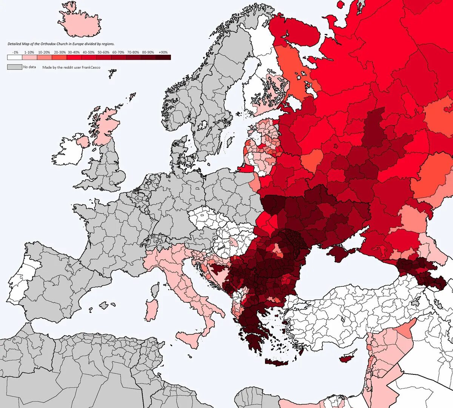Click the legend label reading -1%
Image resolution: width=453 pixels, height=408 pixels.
(15, 52)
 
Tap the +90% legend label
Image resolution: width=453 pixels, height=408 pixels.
(163, 52)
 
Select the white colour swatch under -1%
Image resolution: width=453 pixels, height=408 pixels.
(14, 57)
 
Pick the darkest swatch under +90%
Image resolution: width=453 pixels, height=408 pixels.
(163, 57)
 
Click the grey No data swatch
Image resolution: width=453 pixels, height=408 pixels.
(14, 67)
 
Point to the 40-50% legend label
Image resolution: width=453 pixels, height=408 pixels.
(89, 52)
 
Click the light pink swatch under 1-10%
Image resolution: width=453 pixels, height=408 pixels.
(29, 57)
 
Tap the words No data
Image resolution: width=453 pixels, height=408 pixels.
(29, 67)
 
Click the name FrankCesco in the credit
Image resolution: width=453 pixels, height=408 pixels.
(91, 68)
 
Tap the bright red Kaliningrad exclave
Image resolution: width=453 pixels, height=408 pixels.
(245, 169)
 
